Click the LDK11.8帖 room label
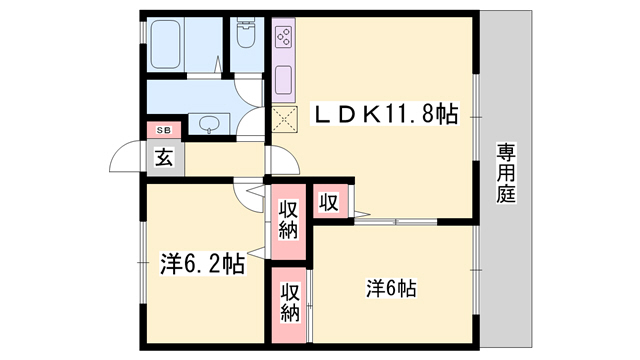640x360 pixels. click(x=385, y=115)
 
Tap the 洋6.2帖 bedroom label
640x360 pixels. click(x=202, y=264)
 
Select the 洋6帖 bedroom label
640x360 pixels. click(x=391, y=289)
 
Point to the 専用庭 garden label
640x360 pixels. click(x=506, y=173)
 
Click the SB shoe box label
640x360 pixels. click(x=164, y=130)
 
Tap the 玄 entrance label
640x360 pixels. click(x=164, y=158)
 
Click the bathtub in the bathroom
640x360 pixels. click(x=166, y=44)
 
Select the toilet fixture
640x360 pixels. click(x=246, y=34)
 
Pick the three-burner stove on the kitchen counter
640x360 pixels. click(x=283, y=36)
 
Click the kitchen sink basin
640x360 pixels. click(x=283, y=80)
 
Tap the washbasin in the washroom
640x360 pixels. click(x=209, y=124)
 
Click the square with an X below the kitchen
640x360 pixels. click(x=284, y=119)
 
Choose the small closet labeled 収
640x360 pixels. click(x=330, y=201)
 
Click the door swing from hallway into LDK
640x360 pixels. click(x=284, y=160)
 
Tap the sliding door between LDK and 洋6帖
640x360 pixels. click(x=396, y=222)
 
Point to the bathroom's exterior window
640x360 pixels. click(x=142, y=32)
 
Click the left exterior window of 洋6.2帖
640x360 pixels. click(x=142, y=262)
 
